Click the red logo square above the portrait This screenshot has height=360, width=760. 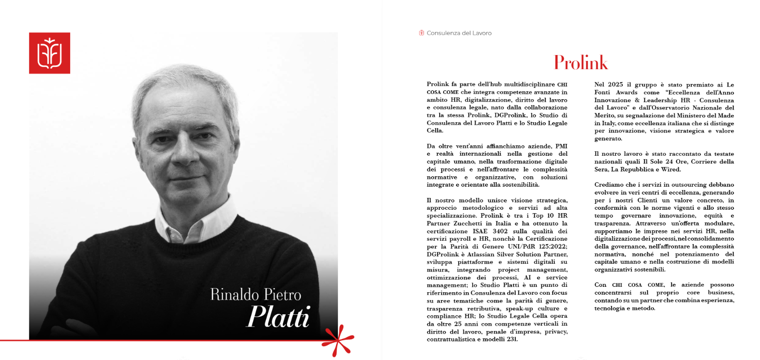[x=50, y=53]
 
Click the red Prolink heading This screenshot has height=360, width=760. [x=581, y=63]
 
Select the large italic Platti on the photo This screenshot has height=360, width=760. [x=278, y=317]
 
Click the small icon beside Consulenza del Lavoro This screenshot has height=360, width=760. [x=421, y=33]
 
